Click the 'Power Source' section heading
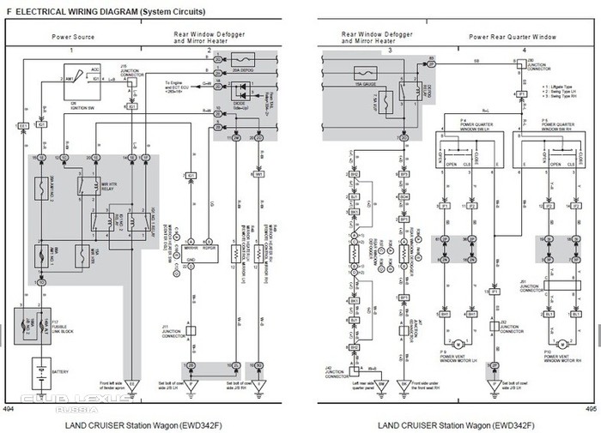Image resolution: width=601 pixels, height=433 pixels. point(73,37)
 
